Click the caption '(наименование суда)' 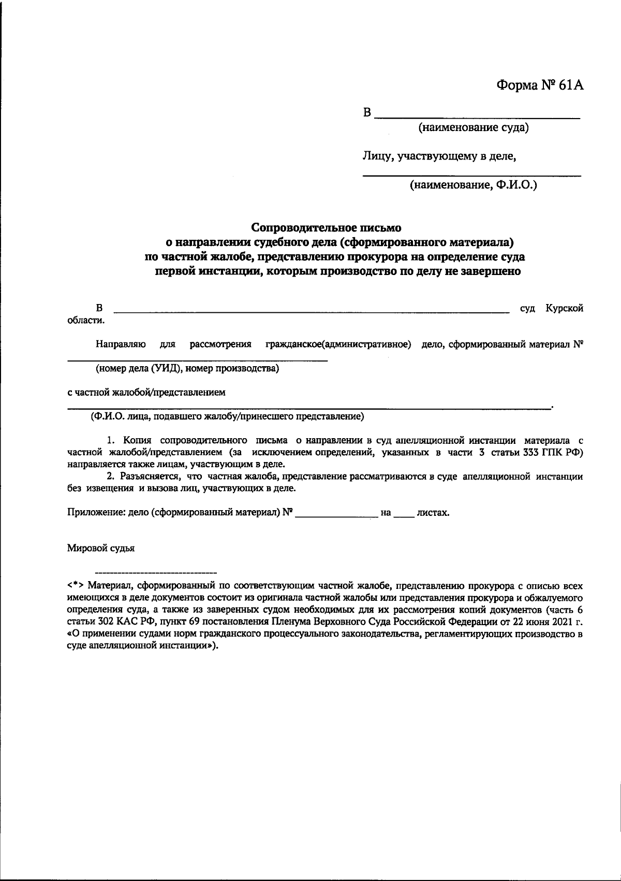point(474,127)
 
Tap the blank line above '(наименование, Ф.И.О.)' point(471,176)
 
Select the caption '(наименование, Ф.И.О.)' point(473,185)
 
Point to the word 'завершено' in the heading point(491,270)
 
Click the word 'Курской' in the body point(564,308)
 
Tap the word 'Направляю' point(120,344)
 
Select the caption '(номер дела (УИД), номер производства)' point(187,369)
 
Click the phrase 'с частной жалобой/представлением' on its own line point(146,392)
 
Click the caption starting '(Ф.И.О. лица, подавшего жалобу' point(227,416)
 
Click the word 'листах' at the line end point(432,513)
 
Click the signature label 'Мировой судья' point(101,548)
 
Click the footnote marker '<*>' point(76,586)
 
